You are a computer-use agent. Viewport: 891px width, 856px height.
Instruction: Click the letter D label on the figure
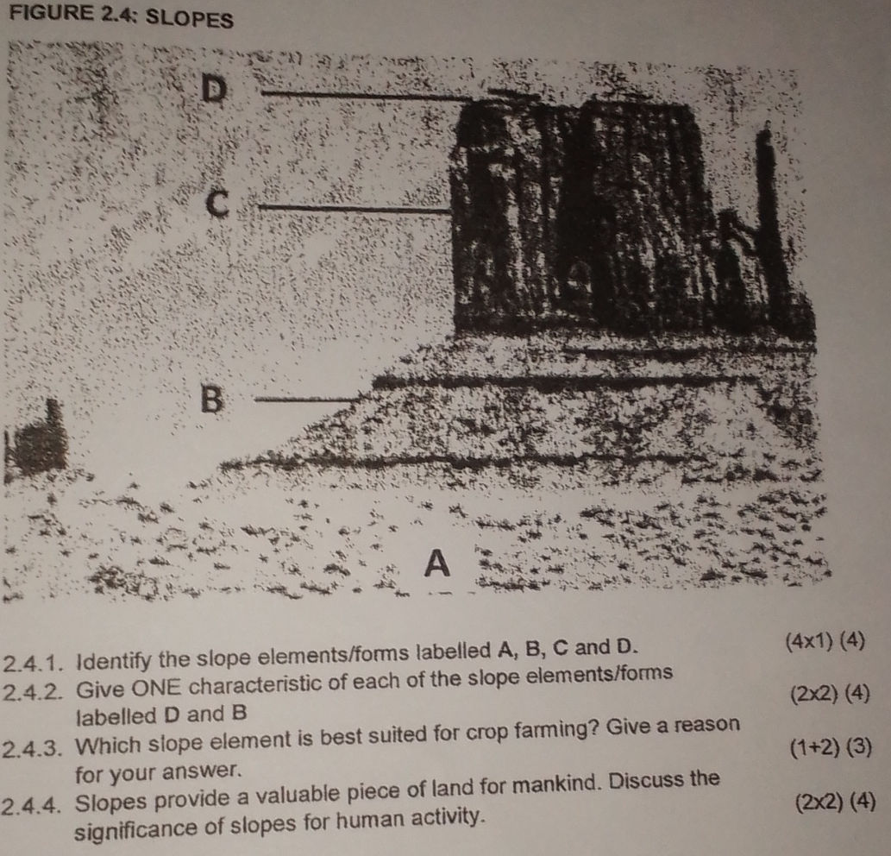click(x=214, y=90)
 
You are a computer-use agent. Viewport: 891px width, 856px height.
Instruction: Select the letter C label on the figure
click(x=217, y=204)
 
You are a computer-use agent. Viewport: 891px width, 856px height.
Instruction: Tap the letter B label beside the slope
click(x=212, y=399)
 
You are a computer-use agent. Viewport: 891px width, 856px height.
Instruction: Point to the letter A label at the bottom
click(x=437, y=563)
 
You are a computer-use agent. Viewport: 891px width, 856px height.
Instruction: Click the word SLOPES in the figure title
click(x=189, y=19)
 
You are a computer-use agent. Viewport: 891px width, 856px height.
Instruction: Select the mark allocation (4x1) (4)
click(x=825, y=642)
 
